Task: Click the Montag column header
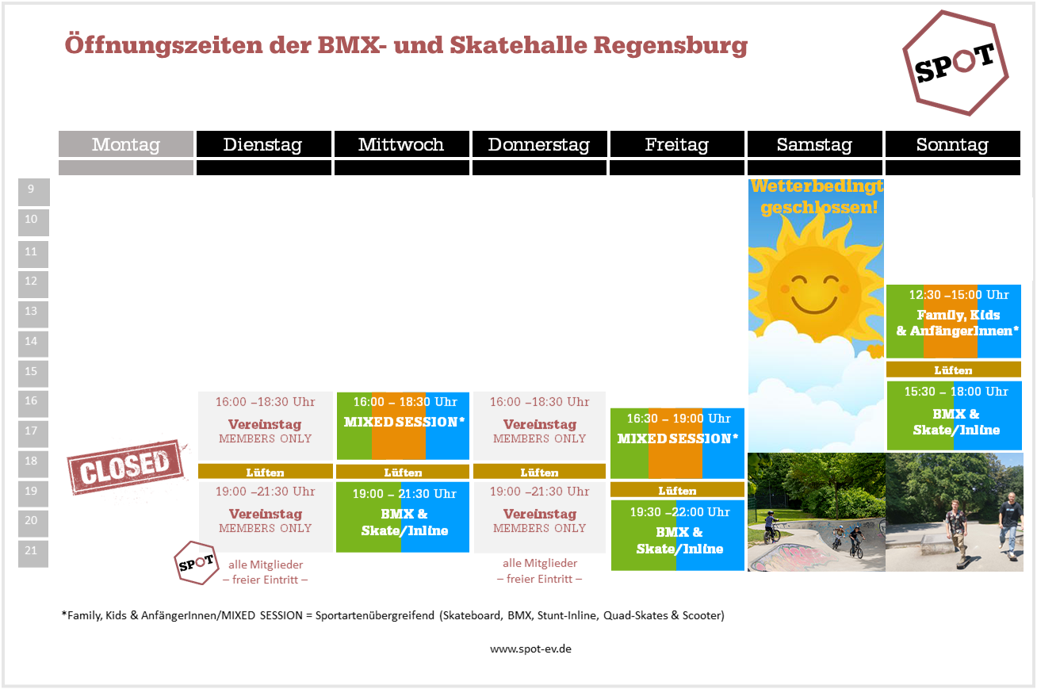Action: tap(126, 144)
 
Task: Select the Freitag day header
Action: tap(677, 144)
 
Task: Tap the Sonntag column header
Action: tap(953, 144)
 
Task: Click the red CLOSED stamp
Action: tap(126, 467)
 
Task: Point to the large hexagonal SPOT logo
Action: tap(955, 63)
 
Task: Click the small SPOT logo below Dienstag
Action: tap(197, 563)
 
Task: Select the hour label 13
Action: tap(32, 311)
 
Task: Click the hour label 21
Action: tap(32, 550)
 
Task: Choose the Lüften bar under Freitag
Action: tap(677, 490)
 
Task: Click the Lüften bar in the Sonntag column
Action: tap(954, 370)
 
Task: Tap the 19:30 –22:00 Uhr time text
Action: tap(679, 512)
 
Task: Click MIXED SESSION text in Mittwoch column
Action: tap(404, 422)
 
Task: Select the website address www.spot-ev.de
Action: tap(530, 649)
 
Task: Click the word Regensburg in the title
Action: tap(671, 46)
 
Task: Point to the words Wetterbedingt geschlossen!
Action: tap(817, 197)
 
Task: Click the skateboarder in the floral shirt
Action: tap(955, 534)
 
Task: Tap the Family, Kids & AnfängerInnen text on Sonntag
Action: tap(958, 323)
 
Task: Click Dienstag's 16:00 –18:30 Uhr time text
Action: tap(266, 402)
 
